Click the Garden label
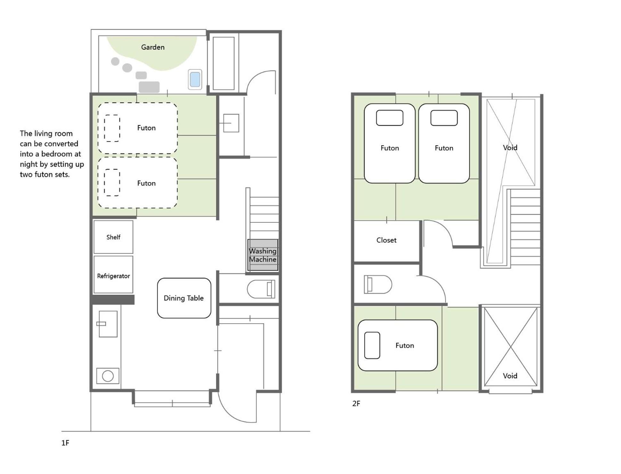153,47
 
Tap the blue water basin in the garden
195,79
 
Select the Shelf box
113,237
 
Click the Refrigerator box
113,275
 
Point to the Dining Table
184,298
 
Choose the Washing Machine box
262,255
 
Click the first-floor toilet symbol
261,289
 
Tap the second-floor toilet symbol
378,284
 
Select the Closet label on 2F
386,240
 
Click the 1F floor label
65,443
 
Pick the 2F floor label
356,403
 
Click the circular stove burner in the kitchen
108,376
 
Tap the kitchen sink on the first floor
108,324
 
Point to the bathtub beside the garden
223,63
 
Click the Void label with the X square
510,376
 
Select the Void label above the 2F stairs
510,148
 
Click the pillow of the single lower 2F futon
372,345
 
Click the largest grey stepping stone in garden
149,87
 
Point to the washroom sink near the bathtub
231,123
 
